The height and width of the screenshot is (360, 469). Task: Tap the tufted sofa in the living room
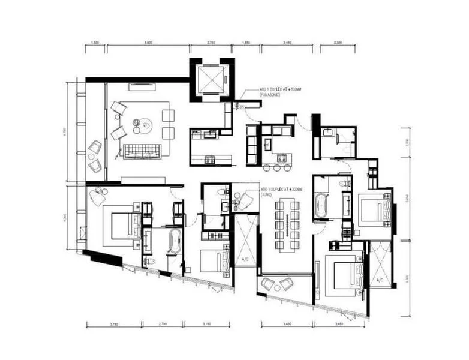(142, 151)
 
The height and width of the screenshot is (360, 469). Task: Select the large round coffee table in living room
(144, 125)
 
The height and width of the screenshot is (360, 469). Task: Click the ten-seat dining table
(287, 223)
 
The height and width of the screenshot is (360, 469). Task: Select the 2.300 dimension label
(337, 43)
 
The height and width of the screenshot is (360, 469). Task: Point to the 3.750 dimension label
(114, 324)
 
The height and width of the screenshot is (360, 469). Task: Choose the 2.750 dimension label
(211, 43)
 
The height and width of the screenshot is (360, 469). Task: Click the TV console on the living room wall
(143, 180)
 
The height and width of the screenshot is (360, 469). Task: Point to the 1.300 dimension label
(95, 43)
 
